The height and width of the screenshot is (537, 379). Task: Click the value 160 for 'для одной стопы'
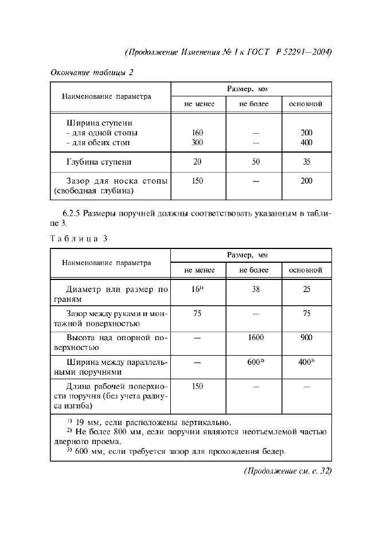coord(198,133)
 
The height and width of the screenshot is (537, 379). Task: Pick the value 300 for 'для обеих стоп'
coord(198,142)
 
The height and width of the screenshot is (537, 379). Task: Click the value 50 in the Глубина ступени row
coord(255,162)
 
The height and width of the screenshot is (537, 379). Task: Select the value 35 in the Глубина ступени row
coord(306,162)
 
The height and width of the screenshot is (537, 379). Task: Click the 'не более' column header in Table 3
coord(255,270)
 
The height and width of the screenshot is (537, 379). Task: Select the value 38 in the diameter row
coord(255,290)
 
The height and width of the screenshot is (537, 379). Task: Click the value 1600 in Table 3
coord(255,338)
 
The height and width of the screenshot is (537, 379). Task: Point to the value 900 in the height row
coord(306,338)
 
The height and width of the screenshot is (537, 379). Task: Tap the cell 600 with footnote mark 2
coord(255,363)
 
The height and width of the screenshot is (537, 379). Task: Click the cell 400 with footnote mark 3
coord(306,363)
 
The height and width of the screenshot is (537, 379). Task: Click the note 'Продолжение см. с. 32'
coord(288,472)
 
